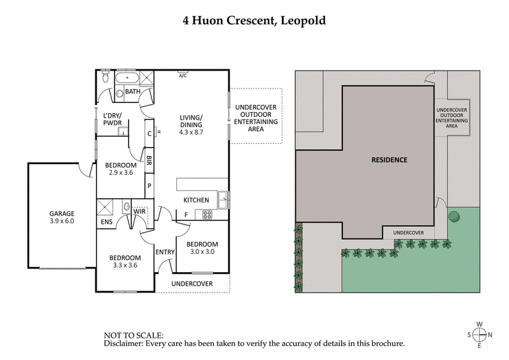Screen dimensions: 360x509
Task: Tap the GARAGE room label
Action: click(62, 213)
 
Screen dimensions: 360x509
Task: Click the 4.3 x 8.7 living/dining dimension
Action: click(191, 132)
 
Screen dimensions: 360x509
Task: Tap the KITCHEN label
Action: click(196, 200)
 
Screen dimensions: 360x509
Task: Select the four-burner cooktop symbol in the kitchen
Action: click(207, 215)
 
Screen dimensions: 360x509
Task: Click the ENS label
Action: click(106, 223)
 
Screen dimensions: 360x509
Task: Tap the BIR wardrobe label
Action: click(149, 160)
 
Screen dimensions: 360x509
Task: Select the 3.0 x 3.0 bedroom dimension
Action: click(202, 253)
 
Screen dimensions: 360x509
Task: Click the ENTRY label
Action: click(165, 253)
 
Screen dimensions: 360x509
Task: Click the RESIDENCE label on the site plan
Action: click(389, 160)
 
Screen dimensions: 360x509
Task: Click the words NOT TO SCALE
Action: click(134, 335)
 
